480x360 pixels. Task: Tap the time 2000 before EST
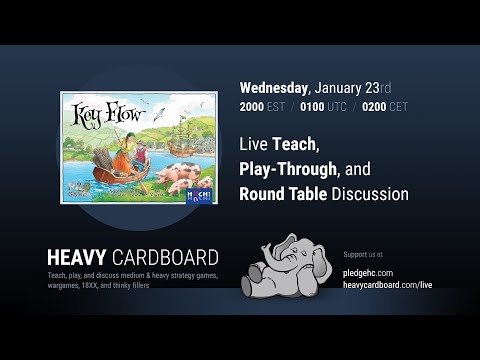click(x=254, y=105)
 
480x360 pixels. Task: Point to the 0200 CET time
click(x=376, y=105)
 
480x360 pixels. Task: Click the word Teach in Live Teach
click(x=291, y=144)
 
